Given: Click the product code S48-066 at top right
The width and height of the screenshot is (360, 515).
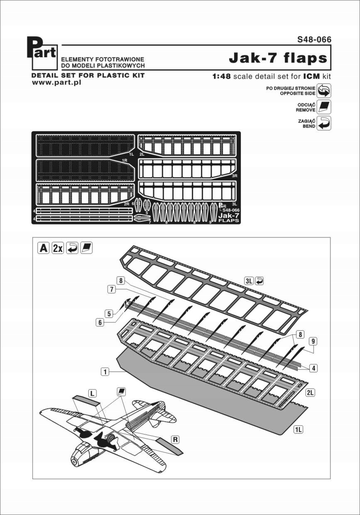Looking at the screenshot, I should pyautogui.click(x=314, y=40).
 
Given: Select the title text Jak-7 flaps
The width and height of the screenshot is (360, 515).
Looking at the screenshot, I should pyautogui.click(x=278, y=59).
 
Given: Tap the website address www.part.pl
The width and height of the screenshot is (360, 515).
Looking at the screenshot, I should pyautogui.click(x=56, y=83).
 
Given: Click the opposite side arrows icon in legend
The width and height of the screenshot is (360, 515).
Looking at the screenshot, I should pyautogui.click(x=324, y=90).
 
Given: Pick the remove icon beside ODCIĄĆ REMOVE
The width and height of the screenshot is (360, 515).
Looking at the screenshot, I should pyautogui.click(x=324, y=107).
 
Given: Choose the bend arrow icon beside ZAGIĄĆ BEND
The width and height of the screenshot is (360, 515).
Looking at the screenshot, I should pyautogui.click(x=324, y=123).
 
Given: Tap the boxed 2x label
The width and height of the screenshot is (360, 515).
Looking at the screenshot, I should pyautogui.click(x=57, y=248).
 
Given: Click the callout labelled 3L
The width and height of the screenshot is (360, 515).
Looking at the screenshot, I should pyautogui.click(x=249, y=281).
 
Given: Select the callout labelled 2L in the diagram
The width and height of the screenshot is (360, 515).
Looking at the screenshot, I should pyautogui.click(x=310, y=392).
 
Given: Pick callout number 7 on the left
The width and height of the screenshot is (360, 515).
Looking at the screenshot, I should pyautogui.click(x=111, y=290).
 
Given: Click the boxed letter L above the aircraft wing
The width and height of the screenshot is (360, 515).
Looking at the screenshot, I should pyautogui.click(x=92, y=392).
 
